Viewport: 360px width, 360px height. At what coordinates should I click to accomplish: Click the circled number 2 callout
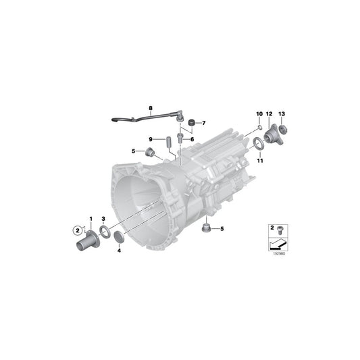tap(76, 232)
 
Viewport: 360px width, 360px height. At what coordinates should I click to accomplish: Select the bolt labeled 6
tap(180, 137)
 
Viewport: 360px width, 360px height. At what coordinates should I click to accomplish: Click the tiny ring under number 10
tap(259, 126)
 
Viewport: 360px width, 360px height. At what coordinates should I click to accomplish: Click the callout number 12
tap(269, 113)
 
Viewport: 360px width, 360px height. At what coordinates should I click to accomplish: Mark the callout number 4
tap(119, 250)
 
